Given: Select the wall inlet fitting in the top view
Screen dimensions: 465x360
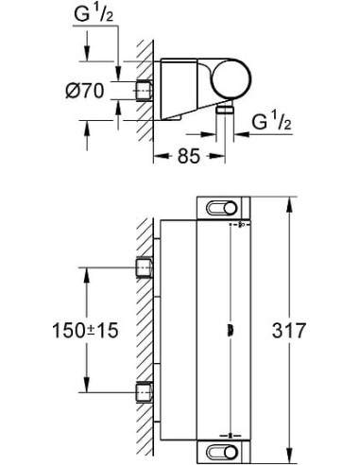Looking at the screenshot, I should pyautogui.click(x=145, y=92).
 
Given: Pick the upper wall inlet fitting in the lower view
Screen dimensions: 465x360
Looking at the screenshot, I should pyautogui.click(x=145, y=267).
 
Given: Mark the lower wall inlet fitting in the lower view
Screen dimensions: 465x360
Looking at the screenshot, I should pyautogui.click(x=145, y=390).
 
